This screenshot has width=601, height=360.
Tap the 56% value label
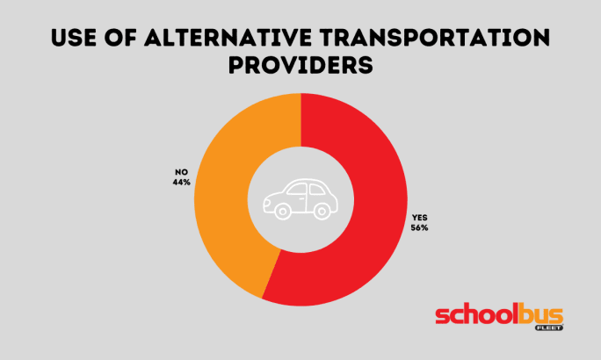[418, 227]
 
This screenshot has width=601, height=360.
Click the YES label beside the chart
[418, 217]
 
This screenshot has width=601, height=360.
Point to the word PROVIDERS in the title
[300, 65]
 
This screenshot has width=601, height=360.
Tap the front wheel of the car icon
[282, 211]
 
